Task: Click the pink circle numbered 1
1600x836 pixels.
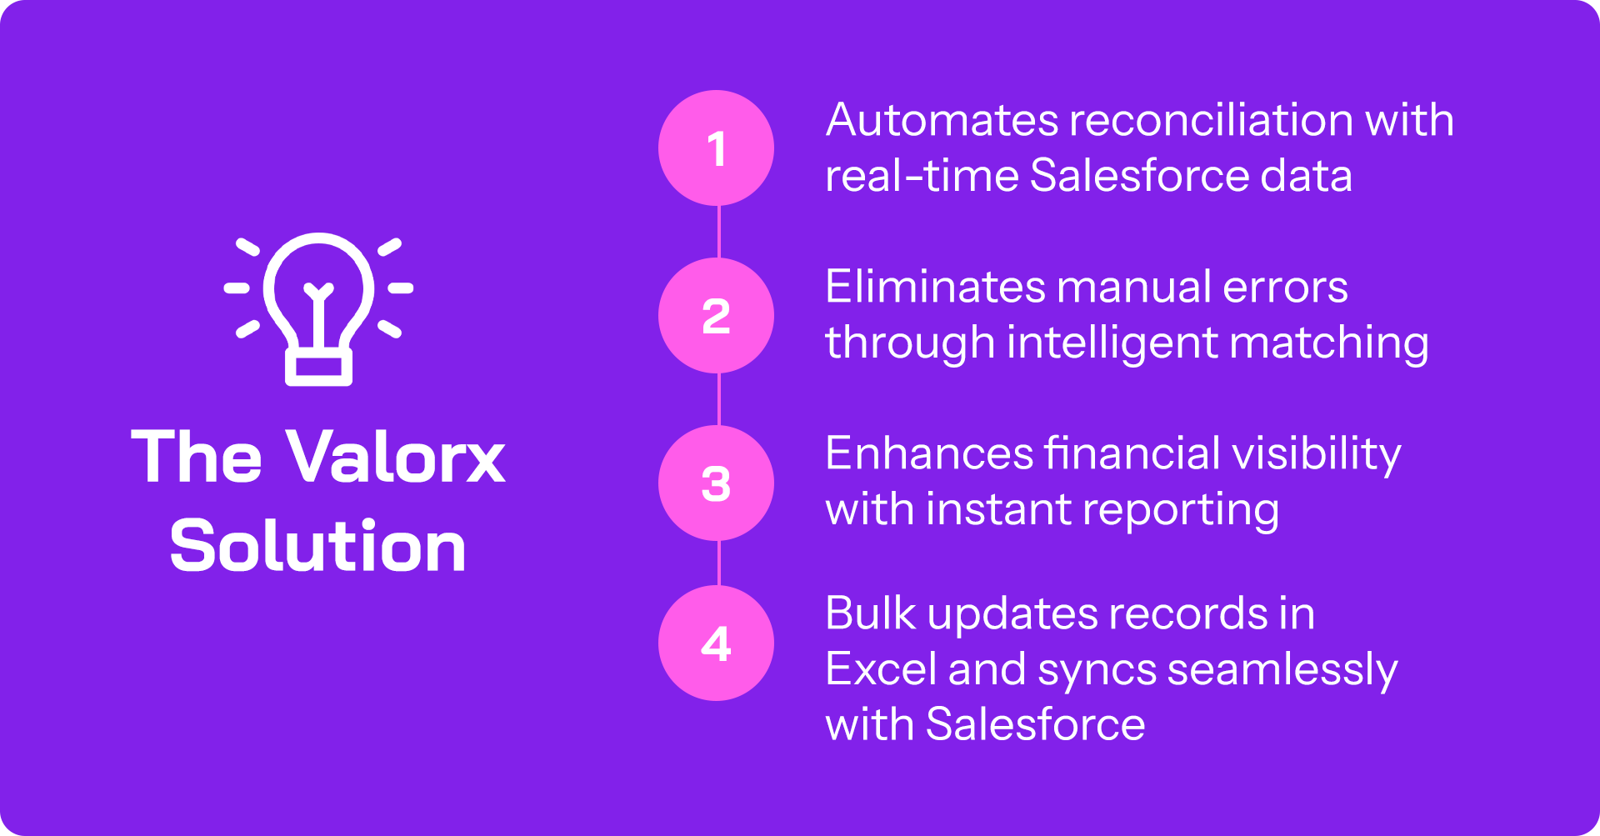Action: click(x=716, y=148)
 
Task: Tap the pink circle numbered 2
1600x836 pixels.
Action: click(x=716, y=316)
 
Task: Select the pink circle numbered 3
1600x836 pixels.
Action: click(x=716, y=483)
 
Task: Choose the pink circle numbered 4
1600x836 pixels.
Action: click(x=716, y=643)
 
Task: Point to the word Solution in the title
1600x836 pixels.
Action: click(x=317, y=546)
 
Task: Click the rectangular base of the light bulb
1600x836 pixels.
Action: click(x=318, y=368)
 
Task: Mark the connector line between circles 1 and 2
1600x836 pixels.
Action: click(x=718, y=232)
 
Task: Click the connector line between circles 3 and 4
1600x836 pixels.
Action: click(x=718, y=563)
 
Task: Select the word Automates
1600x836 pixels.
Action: click(x=942, y=121)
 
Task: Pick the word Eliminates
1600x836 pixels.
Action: click(x=935, y=288)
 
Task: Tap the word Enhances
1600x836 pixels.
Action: click(x=929, y=454)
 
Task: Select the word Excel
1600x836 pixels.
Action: click(x=882, y=669)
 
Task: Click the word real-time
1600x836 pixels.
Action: click(x=922, y=177)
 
